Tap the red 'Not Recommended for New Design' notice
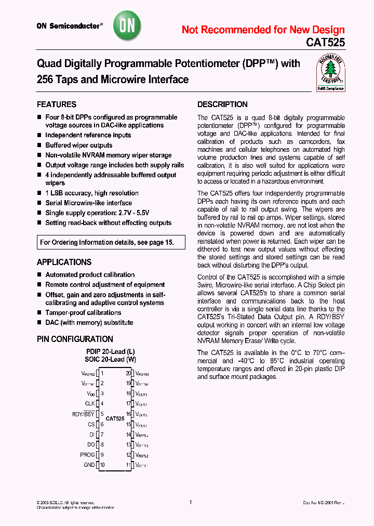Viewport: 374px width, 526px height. (x=263, y=30)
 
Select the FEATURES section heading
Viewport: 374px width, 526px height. (x=57, y=104)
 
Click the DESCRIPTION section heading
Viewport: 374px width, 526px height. (x=222, y=104)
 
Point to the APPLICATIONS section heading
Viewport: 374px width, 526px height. (x=64, y=262)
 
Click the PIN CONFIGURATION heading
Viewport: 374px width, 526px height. (x=75, y=339)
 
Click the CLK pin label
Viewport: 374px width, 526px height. (x=90, y=403)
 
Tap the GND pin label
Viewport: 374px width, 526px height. (x=89, y=465)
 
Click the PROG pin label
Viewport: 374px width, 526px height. (x=88, y=455)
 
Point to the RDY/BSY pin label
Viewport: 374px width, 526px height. (x=84, y=414)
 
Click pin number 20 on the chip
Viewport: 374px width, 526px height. (x=128, y=373)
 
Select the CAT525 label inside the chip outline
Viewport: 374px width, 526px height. (x=115, y=418)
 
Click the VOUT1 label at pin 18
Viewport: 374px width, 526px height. (x=141, y=394)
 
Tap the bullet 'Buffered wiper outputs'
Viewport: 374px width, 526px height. (x=78, y=146)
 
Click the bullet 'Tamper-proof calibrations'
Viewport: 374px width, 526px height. (x=83, y=313)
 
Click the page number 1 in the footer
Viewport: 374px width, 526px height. (x=191, y=503)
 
